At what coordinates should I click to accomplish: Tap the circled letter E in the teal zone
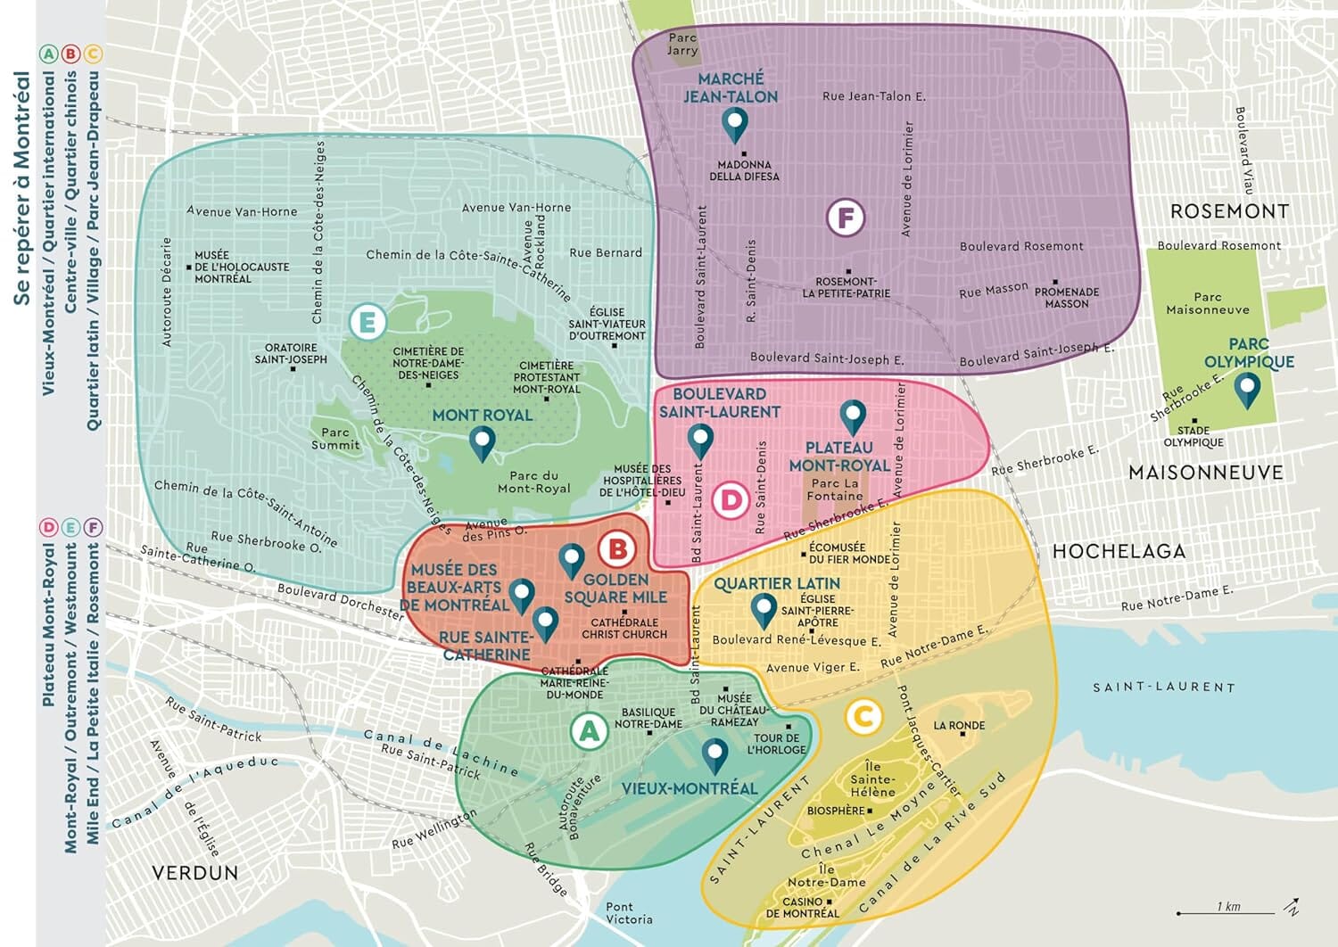(367, 322)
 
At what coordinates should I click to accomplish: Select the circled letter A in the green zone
(589, 731)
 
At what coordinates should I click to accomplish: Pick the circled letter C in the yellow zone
(863, 716)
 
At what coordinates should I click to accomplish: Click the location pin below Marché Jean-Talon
(734, 125)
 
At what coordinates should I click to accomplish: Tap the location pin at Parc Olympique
(1246, 389)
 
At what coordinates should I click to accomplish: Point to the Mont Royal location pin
(483, 442)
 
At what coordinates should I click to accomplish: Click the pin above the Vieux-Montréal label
(714, 754)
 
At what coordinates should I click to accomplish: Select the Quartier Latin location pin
(764, 610)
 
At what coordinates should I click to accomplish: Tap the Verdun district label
(195, 872)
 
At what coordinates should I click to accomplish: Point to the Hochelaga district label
(1119, 551)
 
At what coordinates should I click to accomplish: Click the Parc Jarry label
(682, 44)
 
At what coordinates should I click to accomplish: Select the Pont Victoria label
(629, 913)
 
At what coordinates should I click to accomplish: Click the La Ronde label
(959, 726)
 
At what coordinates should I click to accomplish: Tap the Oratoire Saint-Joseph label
(291, 353)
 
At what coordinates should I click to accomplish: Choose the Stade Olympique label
(1193, 436)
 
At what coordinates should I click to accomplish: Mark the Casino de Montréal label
(802, 907)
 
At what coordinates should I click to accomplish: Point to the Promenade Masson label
(1067, 297)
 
